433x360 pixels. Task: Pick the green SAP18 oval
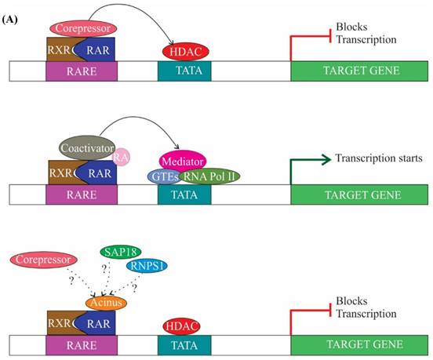[x=121, y=253]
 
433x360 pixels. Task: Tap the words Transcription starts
[x=377, y=158]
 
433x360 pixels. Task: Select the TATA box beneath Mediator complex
[x=184, y=194]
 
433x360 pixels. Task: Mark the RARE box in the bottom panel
[x=82, y=344]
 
